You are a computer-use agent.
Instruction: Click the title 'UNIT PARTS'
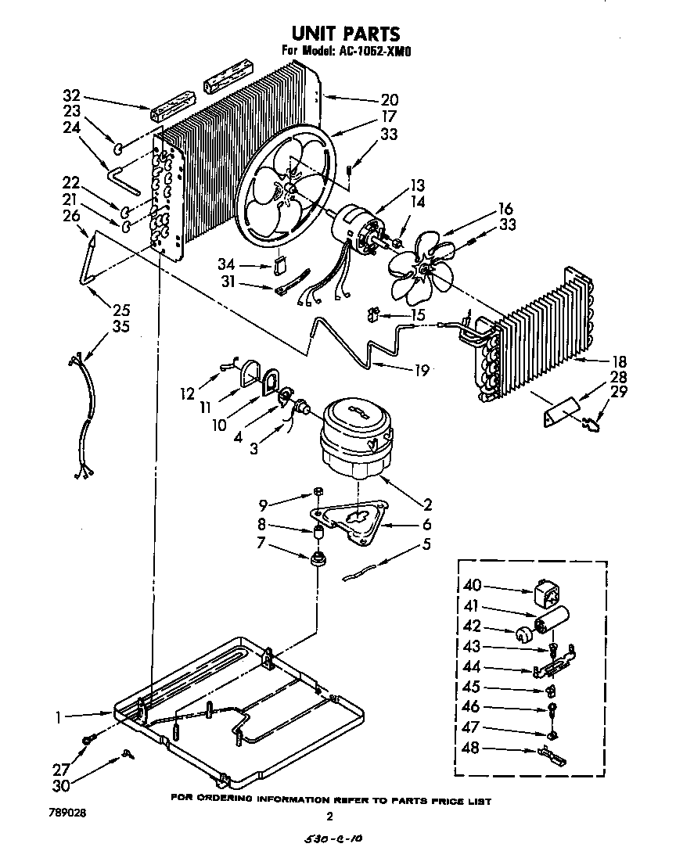[x=345, y=34]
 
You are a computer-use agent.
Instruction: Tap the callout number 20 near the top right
[x=389, y=99]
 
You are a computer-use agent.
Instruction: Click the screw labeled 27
[x=88, y=738]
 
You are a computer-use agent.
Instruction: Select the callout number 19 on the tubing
[x=422, y=372]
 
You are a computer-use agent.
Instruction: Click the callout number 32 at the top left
[x=71, y=96]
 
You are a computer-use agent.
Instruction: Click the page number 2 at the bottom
[x=330, y=817]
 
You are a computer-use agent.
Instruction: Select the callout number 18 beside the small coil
[x=599, y=362]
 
